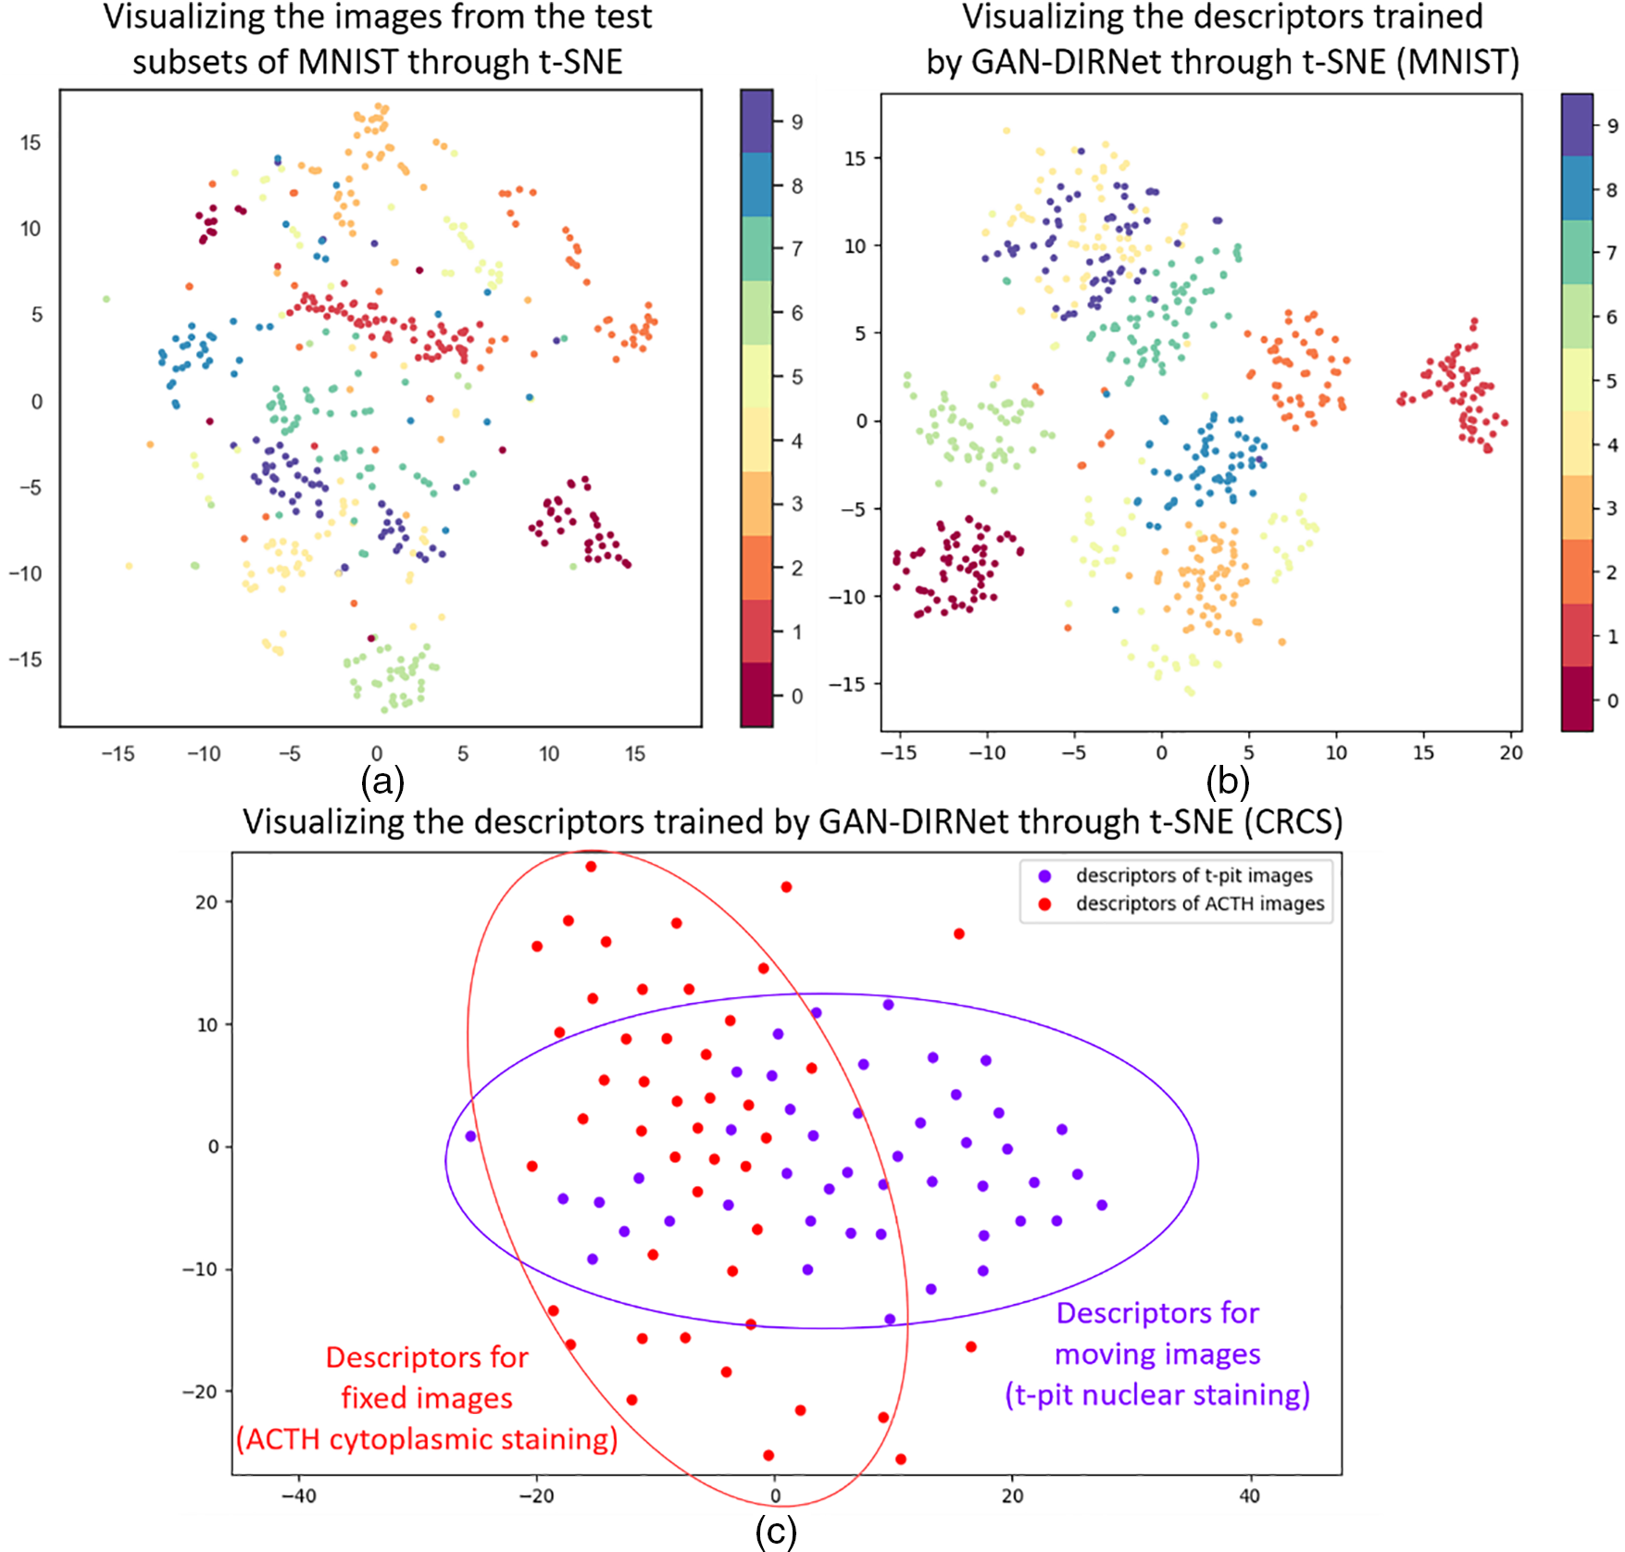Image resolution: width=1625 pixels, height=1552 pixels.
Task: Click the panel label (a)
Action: pyautogui.click(x=382, y=782)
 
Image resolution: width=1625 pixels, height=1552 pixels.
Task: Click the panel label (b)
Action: pyautogui.click(x=1228, y=782)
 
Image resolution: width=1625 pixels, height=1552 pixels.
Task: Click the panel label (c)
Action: pyautogui.click(x=776, y=1532)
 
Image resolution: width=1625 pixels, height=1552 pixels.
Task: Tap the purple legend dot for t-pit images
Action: pyautogui.click(x=1045, y=876)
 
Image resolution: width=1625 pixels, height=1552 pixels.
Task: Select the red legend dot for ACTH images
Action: pyautogui.click(x=1045, y=904)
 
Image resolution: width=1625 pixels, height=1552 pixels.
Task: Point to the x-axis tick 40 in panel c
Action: pyautogui.click(x=1249, y=1496)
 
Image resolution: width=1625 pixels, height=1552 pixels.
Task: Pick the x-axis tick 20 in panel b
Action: pyautogui.click(x=1511, y=753)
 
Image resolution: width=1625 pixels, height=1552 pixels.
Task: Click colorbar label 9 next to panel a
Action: pyautogui.click(x=796, y=122)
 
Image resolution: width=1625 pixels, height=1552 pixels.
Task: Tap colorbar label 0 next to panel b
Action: pyautogui.click(x=1612, y=701)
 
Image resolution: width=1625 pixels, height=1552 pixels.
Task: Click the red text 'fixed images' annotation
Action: pyautogui.click(x=427, y=1398)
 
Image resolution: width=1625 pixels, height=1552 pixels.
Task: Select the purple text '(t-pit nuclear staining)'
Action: pyautogui.click(x=1157, y=1395)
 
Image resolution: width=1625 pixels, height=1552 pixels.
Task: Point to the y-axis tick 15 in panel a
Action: pyautogui.click(x=31, y=143)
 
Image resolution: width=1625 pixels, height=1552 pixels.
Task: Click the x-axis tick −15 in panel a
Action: pyautogui.click(x=118, y=754)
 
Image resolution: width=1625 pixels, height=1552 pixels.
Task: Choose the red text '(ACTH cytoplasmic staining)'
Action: pyautogui.click(x=427, y=1439)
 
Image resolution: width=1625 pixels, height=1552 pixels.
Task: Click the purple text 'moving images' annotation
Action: pyautogui.click(x=1157, y=1354)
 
